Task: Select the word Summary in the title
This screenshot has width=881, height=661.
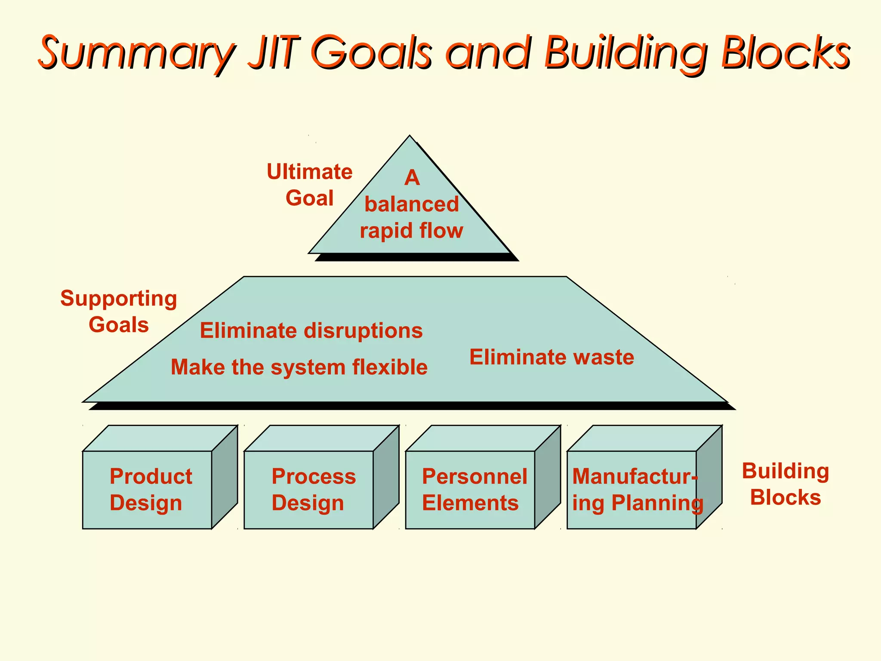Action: tap(137, 53)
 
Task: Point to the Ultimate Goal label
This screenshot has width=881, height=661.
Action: tap(309, 185)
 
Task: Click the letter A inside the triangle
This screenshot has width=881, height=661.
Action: tap(412, 177)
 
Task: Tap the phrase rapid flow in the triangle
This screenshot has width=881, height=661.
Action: tap(411, 231)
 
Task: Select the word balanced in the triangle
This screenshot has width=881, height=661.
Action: tap(412, 204)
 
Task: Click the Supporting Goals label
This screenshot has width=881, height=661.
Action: tap(118, 312)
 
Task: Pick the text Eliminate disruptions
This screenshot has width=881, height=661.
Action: tap(311, 331)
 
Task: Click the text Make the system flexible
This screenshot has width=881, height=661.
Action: tap(299, 368)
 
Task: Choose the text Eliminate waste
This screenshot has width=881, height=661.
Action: tap(551, 357)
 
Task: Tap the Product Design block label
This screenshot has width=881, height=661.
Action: tap(151, 490)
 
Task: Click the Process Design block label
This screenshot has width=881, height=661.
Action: tap(314, 490)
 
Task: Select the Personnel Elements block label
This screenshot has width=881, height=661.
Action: tap(474, 490)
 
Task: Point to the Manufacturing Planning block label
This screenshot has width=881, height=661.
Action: tap(637, 490)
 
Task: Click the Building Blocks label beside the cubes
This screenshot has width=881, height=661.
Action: tap(786, 484)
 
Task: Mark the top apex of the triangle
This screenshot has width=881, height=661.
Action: tap(410, 137)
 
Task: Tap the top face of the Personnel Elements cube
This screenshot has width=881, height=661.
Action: tap(483, 438)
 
